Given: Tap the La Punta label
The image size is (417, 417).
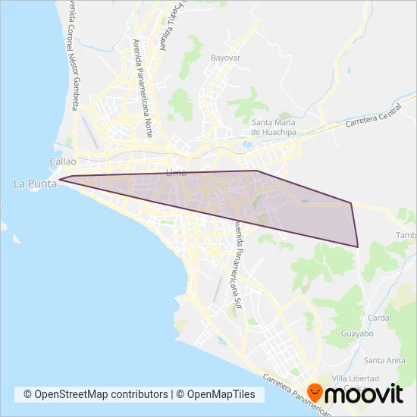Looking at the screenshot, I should click(30, 183).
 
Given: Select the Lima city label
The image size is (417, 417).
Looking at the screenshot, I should click(175, 171).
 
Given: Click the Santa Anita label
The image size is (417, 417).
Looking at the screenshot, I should click(383, 359).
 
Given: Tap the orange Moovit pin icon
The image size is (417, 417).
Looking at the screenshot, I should click(312, 393).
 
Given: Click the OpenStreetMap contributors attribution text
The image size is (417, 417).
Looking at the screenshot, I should click(96, 394).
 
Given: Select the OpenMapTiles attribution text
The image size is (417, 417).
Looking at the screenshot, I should click(221, 394).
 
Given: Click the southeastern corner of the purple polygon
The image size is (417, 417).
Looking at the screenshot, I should click(357, 246).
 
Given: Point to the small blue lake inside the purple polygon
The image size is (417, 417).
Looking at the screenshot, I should click(305, 201).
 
